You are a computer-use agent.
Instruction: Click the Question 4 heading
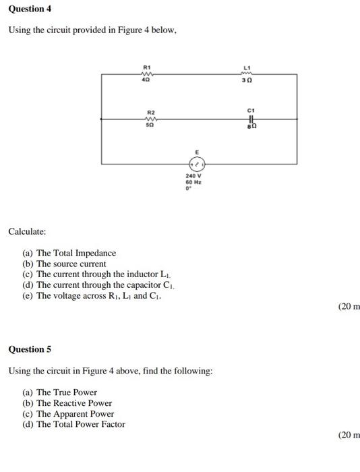pos(30,9)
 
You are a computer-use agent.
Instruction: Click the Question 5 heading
pos(30,349)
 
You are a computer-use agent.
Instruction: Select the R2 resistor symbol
pos(151,119)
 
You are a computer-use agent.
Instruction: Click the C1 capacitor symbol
pos(251,119)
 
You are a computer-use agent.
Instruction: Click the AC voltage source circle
pos(198,164)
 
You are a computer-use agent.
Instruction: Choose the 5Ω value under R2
pos(151,126)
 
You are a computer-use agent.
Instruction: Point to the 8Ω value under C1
pos(251,127)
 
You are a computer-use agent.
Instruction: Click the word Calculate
pos(27,232)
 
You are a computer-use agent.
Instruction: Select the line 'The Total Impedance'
pos(76,253)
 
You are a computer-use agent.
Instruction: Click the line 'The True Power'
pos(66,392)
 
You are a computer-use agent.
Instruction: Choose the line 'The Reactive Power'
pos(73,403)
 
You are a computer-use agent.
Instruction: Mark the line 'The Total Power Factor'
pos(80,424)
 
